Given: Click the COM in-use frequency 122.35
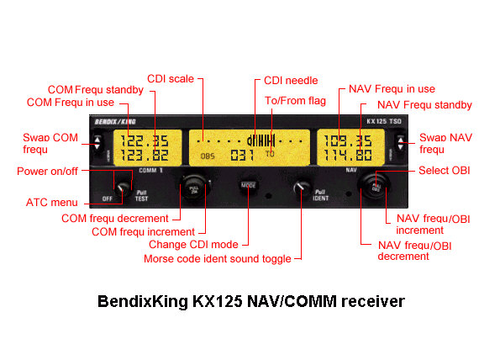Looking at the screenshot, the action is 145,140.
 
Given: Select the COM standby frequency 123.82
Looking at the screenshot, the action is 145,156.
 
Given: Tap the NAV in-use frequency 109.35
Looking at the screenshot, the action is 348,140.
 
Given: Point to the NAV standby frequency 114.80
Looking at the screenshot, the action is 348,156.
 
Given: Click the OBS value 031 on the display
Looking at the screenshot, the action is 242,156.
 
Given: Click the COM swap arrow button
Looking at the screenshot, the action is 97,143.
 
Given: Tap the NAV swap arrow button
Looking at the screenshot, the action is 400,143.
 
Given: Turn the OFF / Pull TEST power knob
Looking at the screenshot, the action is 122,189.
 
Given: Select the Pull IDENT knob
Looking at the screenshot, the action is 301,188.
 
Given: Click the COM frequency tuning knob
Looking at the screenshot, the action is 194,188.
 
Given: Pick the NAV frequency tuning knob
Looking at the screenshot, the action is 375,187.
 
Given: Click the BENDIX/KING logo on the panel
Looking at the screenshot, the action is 115,122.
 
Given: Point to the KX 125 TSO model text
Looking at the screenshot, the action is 383,121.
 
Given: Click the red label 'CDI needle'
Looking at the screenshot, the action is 291,81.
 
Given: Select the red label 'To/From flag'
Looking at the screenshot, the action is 295,101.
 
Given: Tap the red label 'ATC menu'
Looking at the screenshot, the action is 51,203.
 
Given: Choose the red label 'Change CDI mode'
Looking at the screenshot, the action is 193,245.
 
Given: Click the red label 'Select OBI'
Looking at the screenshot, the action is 445,171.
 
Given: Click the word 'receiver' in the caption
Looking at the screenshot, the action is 373,301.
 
